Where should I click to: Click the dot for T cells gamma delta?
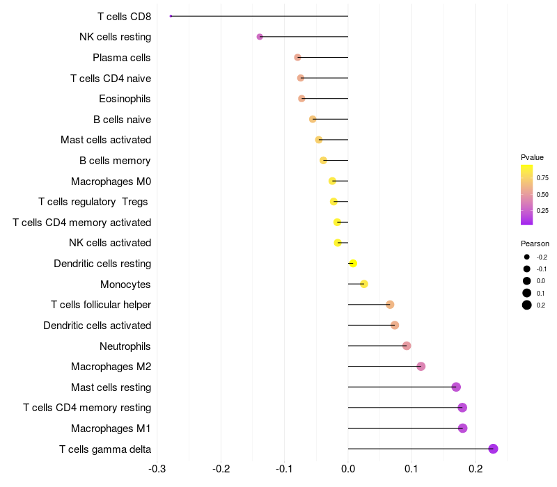pyautogui.click(x=493, y=449)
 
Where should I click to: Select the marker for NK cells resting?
pyautogui.click(x=260, y=37)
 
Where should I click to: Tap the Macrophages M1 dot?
pyautogui.click(x=462, y=428)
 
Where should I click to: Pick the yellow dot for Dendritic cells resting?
pyautogui.click(x=353, y=264)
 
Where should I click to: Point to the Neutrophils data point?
pyautogui.click(x=407, y=346)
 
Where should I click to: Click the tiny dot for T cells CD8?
pyautogui.click(x=171, y=16)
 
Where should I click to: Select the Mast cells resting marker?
pyautogui.click(x=456, y=387)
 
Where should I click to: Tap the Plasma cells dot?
pyautogui.click(x=298, y=57)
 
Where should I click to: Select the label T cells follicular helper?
pyautogui.click(x=101, y=305)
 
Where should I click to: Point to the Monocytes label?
pyautogui.click(x=125, y=285)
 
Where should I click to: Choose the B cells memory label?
pyautogui.click(x=115, y=161)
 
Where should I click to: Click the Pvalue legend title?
pyautogui.click(x=532, y=157)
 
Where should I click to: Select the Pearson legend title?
pyautogui.click(x=535, y=243)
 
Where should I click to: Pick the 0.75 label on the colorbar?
pyautogui.click(x=542, y=178)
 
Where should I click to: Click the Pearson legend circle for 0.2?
pyautogui.click(x=527, y=305)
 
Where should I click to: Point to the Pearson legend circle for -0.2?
pyautogui.click(x=527, y=257)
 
